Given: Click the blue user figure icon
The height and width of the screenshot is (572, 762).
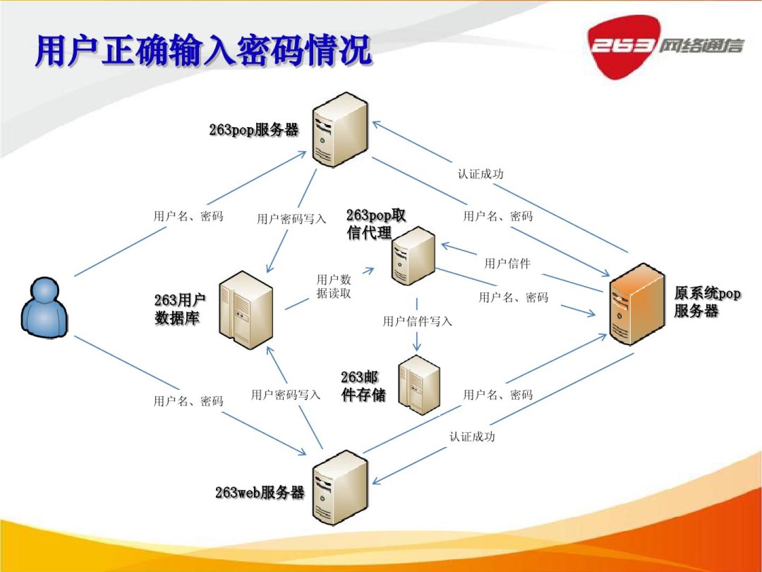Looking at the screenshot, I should click(44, 308).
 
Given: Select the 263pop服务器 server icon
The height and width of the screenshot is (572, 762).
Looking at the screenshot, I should click(340, 130).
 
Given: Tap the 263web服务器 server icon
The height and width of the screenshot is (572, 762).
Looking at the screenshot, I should click(340, 488).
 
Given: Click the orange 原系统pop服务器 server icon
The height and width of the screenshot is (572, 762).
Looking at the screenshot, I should click(637, 304).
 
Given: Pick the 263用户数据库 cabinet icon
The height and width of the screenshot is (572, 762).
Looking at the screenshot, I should click(246, 310).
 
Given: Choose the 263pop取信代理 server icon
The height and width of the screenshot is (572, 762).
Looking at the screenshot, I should click(413, 256).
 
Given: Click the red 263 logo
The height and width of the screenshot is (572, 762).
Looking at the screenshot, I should click(623, 47).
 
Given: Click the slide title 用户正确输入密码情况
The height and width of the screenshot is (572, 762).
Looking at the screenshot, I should click(204, 51).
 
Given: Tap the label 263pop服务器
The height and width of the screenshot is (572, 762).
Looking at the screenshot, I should click(253, 130).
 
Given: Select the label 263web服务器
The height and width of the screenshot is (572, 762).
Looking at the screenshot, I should click(259, 493).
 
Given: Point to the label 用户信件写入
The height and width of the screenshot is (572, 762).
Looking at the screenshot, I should click(417, 321).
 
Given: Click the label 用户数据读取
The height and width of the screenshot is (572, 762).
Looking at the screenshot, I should click(333, 286).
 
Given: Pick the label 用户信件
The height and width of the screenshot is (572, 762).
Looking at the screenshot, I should click(507, 263).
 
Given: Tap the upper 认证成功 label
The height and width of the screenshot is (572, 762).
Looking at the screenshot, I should click(480, 174).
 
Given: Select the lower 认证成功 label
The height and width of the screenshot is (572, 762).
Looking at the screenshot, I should click(472, 436).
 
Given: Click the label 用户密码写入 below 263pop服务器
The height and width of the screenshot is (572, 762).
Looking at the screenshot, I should click(291, 219).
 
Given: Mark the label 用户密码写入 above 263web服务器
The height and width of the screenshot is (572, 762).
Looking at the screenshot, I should click(285, 395).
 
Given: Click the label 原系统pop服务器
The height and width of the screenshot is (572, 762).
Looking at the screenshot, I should click(706, 302).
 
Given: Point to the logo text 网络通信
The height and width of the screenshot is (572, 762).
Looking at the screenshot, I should click(701, 46).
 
